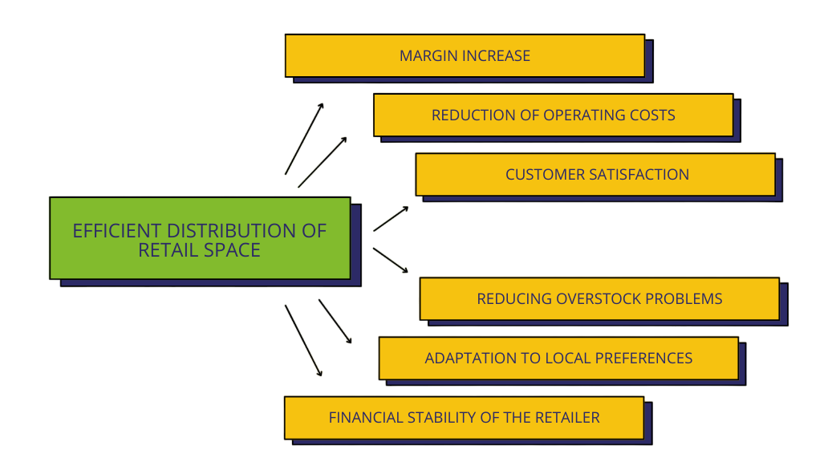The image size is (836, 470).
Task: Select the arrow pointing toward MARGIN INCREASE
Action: coord(304,139)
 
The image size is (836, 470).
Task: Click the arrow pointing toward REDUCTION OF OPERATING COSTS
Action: coord(323,162)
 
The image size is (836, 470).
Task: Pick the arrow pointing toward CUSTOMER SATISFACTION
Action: coord(391,219)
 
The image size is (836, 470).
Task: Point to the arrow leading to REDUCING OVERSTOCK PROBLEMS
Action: coord(391,261)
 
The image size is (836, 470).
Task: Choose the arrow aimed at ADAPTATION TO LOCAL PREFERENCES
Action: coord(335,322)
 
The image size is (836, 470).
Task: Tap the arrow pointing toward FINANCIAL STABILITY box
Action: coord(303,340)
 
